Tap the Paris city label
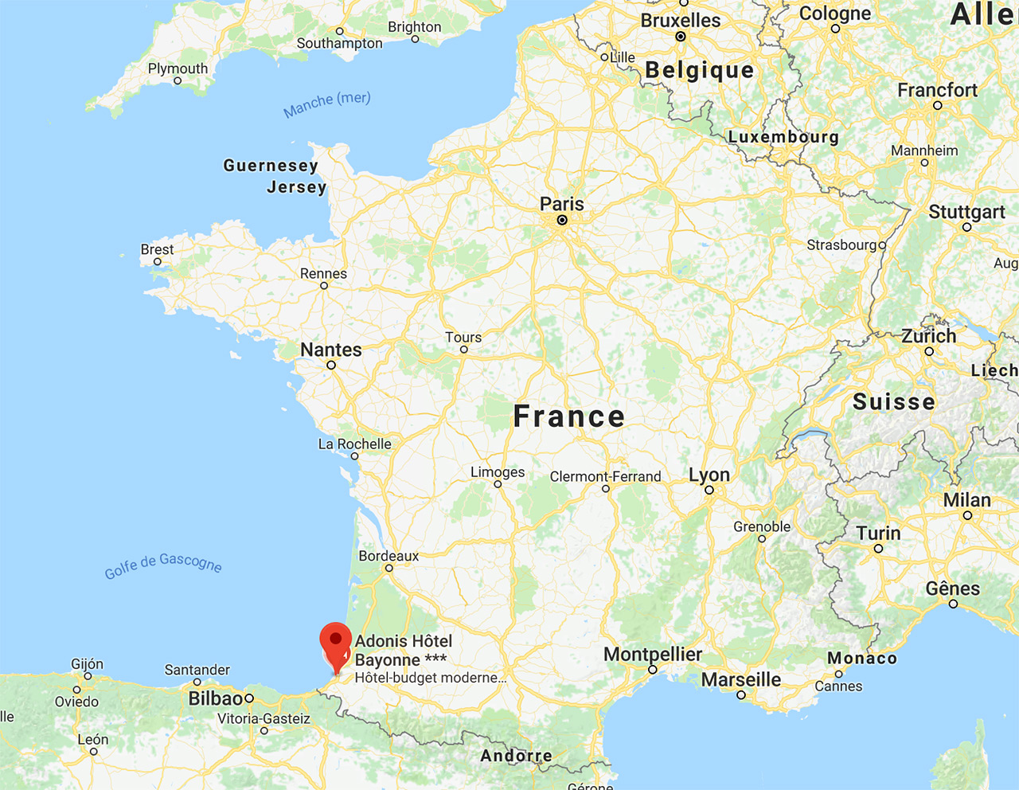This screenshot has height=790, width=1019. (562, 204)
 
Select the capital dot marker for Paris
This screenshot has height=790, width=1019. (562, 220)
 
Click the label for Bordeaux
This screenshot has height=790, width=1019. (388, 556)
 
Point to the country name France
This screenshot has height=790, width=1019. (569, 417)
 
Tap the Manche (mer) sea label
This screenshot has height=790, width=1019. (327, 104)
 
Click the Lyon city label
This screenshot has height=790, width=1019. (709, 475)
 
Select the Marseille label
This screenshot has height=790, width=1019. (741, 679)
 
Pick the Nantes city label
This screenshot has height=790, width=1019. (331, 350)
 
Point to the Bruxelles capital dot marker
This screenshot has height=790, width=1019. (681, 37)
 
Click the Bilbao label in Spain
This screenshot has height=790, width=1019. (216, 698)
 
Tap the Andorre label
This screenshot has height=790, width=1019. (516, 756)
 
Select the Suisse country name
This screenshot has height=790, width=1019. (894, 401)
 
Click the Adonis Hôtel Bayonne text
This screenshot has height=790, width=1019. (403, 651)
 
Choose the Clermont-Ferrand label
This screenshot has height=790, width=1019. (605, 476)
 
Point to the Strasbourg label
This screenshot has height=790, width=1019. (841, 244)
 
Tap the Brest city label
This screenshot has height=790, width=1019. (157, 249)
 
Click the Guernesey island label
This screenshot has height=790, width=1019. (271, 166)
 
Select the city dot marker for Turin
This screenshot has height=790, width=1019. (878, 549)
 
